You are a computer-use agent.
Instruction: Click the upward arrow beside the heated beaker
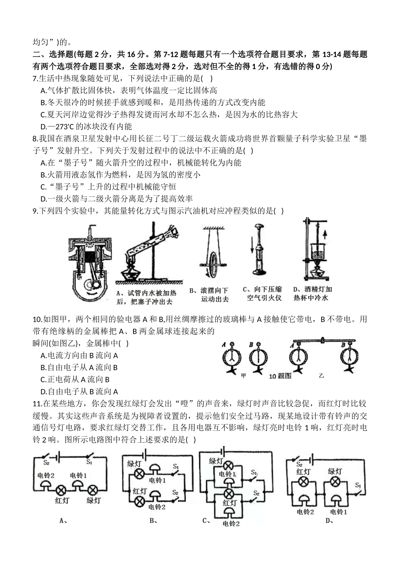pyautogui.click(x=325, y=232)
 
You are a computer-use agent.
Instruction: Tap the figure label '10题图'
pyautogui.click(x=280, y=376)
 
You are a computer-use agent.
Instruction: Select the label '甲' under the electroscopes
pyautogui.click(x=243, y=375)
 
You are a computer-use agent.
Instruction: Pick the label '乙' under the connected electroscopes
pyautogui.click(x=322, y=375)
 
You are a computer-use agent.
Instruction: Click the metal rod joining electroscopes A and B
pyautogui.click(x=322, y=340)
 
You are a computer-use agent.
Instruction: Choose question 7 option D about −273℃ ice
pyautogui.click(x=86, y=126)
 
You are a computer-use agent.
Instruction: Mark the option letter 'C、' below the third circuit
pyautogui.click(x=206, y=520)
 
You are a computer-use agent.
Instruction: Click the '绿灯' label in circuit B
pyautogui.click(x=134, y=464)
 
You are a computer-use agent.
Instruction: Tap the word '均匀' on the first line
pyautogui.click(x=42, y=42)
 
